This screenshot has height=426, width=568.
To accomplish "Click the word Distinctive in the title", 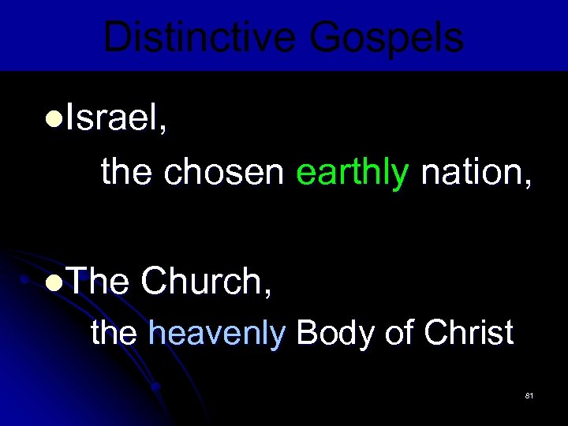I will point(198,37).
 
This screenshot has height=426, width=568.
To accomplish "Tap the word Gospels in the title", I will point(387,37).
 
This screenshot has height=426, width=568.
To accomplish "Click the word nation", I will point(471,172).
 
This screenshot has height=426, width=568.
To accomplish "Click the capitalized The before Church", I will point(98,281).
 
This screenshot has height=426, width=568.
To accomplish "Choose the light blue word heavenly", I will point(216,334).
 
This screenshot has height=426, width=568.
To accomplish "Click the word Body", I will point(335,334).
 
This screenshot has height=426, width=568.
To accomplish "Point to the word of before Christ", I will point(399,333).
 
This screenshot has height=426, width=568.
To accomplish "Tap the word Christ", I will point(469,333).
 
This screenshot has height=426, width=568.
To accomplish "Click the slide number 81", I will point(529,394).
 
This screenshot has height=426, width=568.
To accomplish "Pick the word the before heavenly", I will point(114,333).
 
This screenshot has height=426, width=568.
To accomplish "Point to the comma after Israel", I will point(163,131).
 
